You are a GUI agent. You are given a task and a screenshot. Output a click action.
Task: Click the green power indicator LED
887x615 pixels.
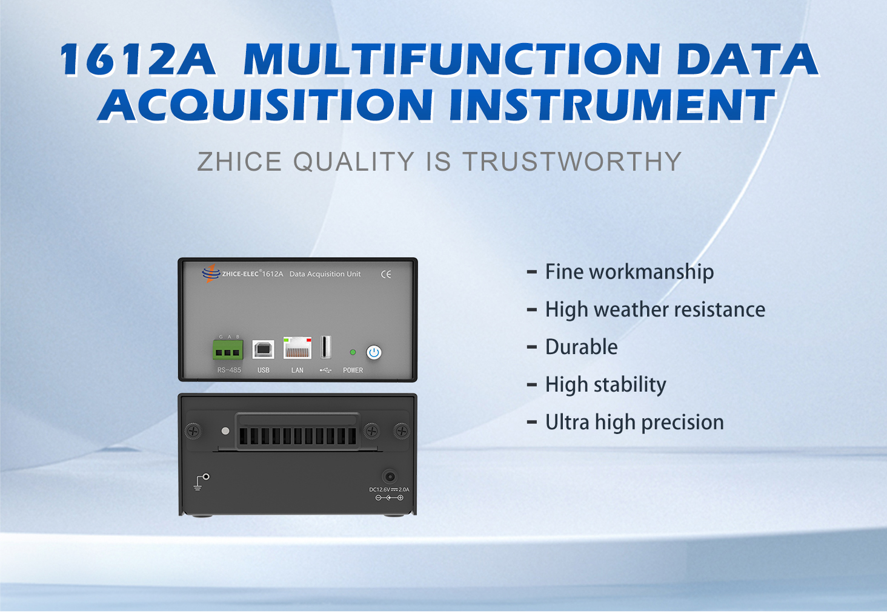(353, 352)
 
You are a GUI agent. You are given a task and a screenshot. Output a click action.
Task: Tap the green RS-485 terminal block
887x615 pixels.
(228, 350)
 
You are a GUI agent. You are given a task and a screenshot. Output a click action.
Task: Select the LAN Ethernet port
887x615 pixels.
(297, 347)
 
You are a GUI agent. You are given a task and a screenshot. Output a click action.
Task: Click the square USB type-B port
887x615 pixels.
(264, 350)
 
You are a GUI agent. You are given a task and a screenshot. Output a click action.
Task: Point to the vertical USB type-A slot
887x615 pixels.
(326, 347)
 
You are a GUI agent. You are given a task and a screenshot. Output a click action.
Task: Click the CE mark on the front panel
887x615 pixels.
(386, 274)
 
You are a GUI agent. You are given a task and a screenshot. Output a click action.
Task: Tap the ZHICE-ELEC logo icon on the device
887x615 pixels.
(211, 273)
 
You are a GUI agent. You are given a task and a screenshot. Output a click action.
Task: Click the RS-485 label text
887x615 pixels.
(229, 370)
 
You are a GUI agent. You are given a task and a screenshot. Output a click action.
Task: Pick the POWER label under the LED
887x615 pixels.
(353, 370)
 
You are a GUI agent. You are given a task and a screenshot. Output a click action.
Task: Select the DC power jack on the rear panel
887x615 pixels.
(390, 476)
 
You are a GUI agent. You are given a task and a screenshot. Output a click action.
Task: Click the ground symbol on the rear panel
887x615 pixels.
(202, 482)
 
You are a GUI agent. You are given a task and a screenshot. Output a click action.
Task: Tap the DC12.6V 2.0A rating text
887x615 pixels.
(389, 490)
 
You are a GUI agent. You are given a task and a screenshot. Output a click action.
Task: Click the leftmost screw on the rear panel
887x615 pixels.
(194, 431)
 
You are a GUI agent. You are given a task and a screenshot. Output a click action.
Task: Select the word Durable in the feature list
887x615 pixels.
(581, 347)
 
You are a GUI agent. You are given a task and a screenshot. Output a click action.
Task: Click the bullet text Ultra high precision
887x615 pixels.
(635, 423)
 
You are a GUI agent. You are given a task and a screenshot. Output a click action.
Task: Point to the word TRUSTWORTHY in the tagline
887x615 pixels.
(573, 162)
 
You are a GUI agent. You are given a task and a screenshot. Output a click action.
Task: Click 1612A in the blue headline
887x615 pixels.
(138, 59)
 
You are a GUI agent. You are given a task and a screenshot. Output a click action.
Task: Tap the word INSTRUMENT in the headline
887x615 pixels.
(612, 104)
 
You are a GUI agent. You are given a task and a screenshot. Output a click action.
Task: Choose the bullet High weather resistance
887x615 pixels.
(656, 310)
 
